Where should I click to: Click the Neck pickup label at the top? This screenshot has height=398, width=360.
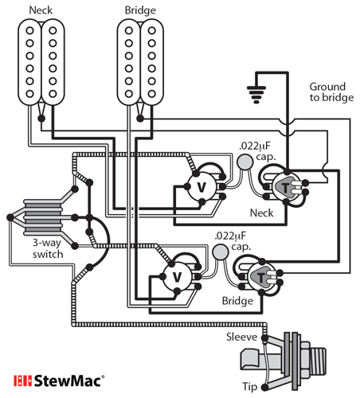41,10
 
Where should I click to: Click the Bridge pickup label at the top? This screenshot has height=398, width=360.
141,10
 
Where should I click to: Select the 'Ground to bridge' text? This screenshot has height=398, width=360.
327,92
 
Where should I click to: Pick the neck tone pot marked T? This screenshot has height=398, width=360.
285,188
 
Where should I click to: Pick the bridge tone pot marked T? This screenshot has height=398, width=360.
260,277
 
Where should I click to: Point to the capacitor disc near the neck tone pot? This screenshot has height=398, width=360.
245,163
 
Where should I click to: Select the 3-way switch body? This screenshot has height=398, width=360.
37,216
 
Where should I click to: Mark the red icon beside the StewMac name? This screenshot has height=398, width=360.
22,380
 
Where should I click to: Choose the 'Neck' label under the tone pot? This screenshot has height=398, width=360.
261,213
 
